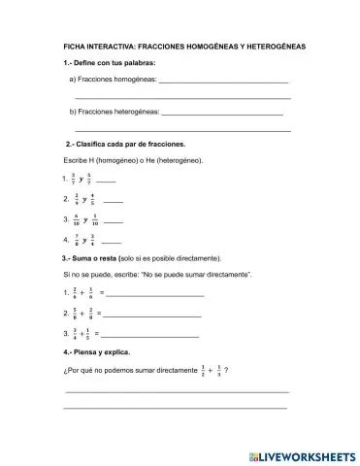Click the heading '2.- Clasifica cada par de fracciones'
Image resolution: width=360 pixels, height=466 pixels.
[117, 145]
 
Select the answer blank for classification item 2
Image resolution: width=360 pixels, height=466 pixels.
[113, 202]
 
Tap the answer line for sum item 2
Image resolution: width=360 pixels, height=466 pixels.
[152, 316]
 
